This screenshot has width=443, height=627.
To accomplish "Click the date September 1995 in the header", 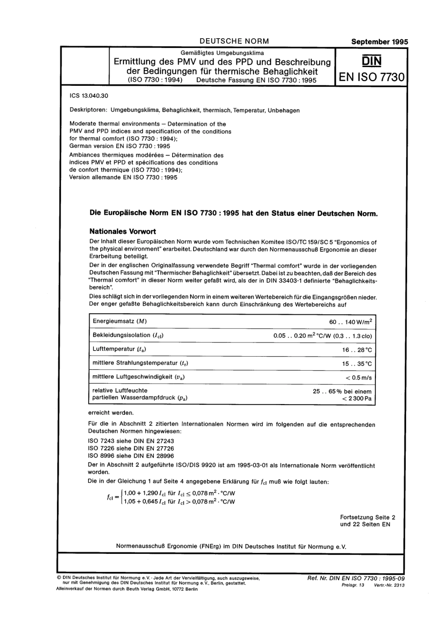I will [379, 41].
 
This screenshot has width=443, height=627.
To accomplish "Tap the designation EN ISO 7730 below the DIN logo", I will [371, 77].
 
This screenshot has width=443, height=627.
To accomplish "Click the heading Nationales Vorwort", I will [123, 231].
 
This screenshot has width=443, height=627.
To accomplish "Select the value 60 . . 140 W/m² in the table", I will [351, 322].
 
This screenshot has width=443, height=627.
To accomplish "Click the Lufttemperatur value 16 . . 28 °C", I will [357, 350].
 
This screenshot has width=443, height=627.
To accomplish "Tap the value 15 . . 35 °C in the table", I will [357, 364].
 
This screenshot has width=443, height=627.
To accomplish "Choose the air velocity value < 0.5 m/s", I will [359, 378].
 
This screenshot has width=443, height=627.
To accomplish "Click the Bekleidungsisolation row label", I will [128, 335].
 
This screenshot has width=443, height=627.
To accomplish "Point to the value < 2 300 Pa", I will [357, 399].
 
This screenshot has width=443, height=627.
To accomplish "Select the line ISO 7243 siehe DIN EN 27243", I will [131, 441].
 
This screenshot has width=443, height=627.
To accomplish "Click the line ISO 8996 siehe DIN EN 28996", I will [131, 456].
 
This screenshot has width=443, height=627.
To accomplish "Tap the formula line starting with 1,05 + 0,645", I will [179, 502].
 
